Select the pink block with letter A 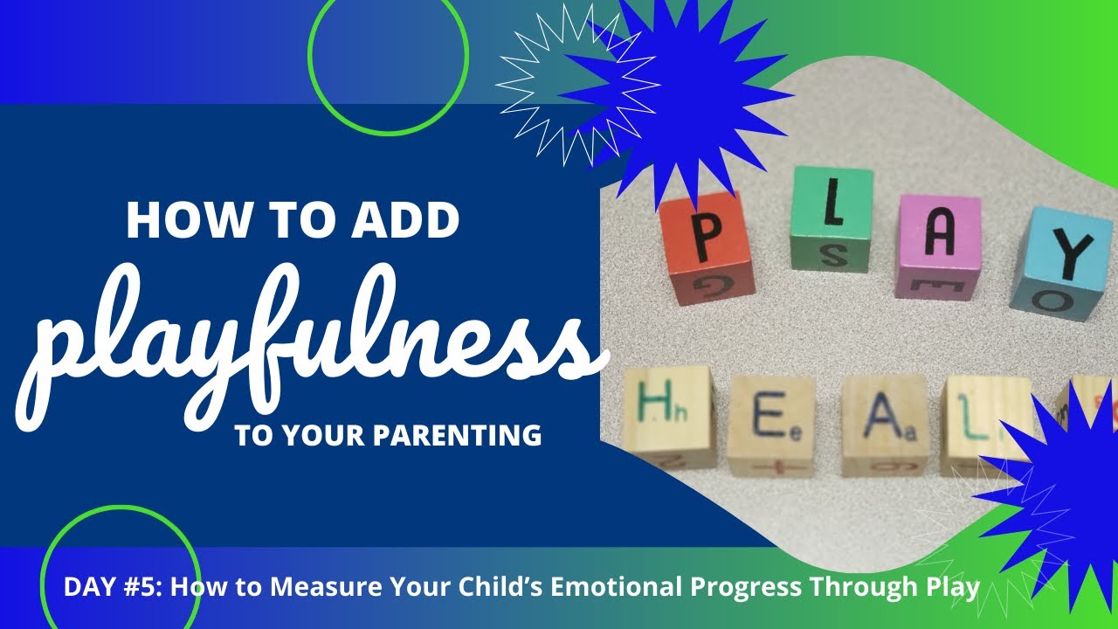(x=938, y=245)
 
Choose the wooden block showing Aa (x=883, y=425)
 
